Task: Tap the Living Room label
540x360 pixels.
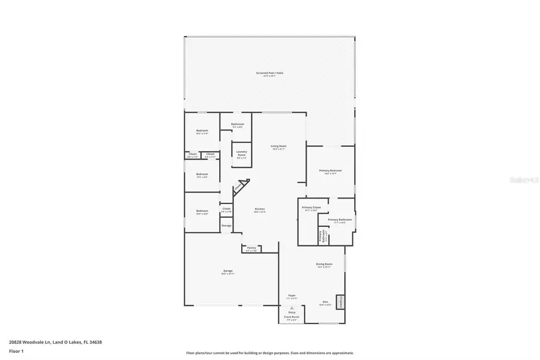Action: click(278, 146)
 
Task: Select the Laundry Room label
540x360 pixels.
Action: click(242, 153)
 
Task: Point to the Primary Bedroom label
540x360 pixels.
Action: click(331, 171)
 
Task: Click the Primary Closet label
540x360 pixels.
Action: click(311, 207)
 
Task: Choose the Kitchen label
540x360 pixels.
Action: click(260, 209)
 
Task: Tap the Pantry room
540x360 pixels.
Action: click(251, 248)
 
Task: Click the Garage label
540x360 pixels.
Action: click(228, 271)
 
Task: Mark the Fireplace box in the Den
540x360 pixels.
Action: click(341, 301)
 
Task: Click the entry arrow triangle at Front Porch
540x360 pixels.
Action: click(292, 307)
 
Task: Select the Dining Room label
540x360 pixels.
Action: click(324, 264)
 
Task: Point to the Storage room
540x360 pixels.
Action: click(226, 226)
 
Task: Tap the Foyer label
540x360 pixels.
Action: click(292, 296)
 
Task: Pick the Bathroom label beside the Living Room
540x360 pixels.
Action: click(238, 124)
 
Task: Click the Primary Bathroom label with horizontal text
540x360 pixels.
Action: click(340, 220)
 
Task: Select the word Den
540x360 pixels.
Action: click(325, 302)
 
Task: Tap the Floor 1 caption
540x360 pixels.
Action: click(16, 350)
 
